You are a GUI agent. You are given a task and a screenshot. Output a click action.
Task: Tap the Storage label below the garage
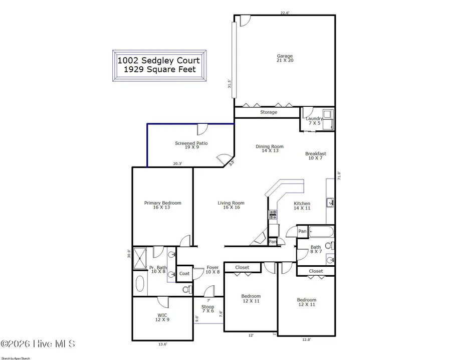point(269,112)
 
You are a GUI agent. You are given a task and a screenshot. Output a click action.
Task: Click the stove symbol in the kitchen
point(273,215)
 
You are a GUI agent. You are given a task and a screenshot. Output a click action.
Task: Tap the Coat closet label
point(184,273)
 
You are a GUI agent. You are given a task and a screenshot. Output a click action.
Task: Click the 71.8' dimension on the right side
point(339,176)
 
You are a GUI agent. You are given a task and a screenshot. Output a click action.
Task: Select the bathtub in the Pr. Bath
point(140,284)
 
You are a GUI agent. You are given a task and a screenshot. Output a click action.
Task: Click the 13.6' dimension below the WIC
point(162,344)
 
